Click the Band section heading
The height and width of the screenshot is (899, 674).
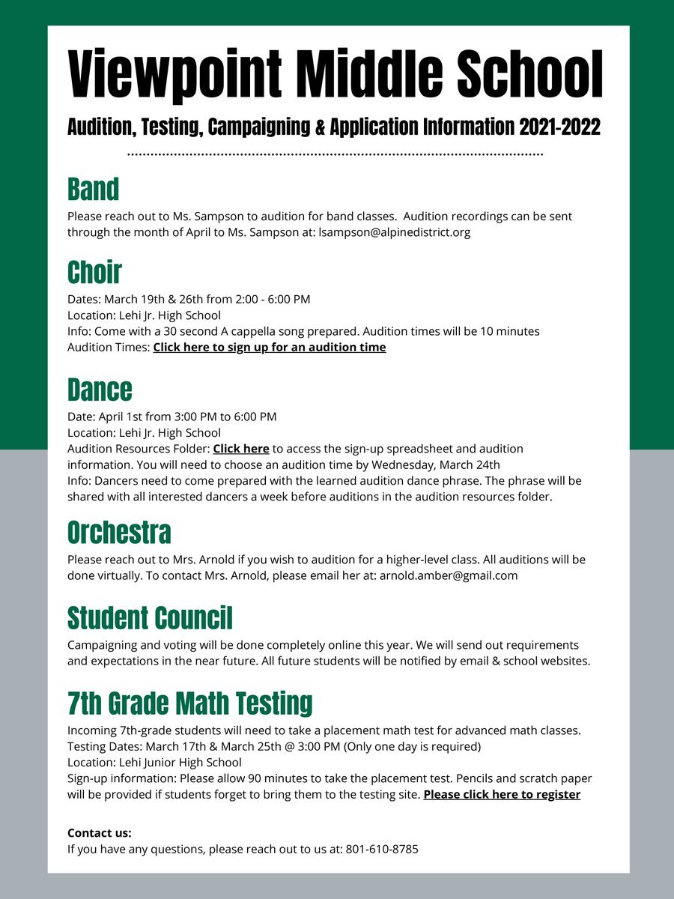tap(93, 189)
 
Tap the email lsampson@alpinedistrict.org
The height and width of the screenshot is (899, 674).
tap(395, 232)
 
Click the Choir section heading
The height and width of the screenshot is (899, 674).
tap(94, 272)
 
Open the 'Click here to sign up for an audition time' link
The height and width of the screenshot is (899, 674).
tap(270, 348)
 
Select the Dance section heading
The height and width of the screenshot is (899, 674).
tap(100, 390)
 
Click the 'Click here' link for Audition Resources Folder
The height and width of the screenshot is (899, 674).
tap(241, 449)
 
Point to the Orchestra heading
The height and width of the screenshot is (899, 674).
tap(119, 533)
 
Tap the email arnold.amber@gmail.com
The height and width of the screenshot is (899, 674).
tap(449, 576)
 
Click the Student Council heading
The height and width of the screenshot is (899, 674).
tap(150, 618)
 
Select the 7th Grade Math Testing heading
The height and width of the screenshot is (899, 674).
tap(189, 703)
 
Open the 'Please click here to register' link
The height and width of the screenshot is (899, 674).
tap(502, 794)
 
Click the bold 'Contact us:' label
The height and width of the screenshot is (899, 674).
tap(99, 833)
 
